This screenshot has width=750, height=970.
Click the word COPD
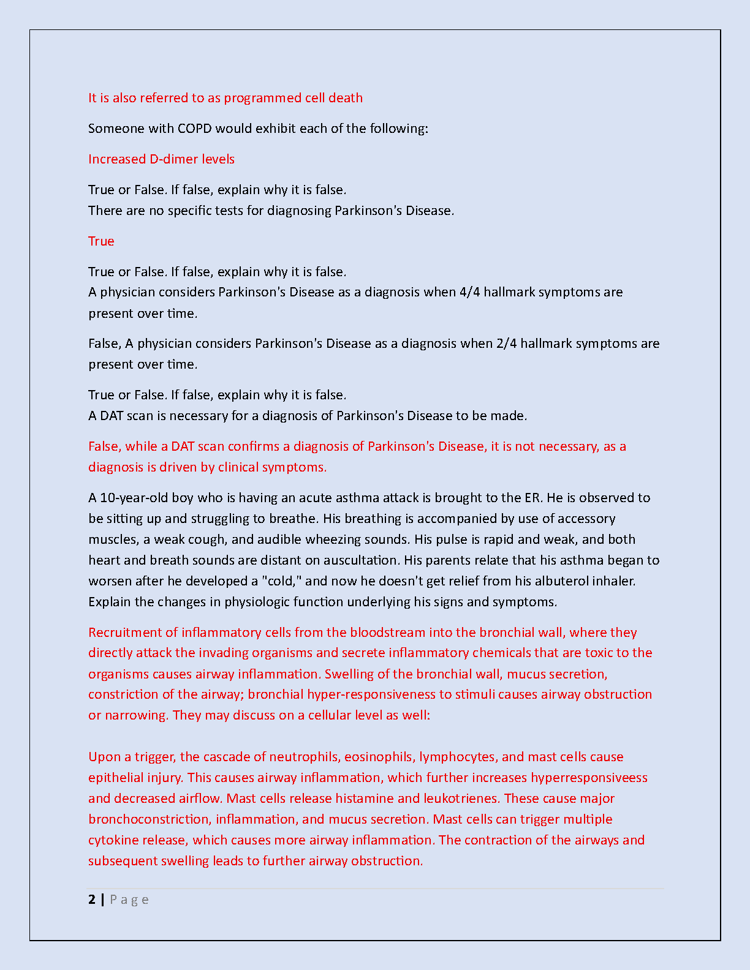coord(194,129)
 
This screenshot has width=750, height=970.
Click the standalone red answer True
coord(101,241)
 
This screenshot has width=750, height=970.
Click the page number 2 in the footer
coord(92,900)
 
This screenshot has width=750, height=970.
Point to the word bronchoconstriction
coord(149,819)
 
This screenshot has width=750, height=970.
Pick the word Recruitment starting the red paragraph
coord(125,633)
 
